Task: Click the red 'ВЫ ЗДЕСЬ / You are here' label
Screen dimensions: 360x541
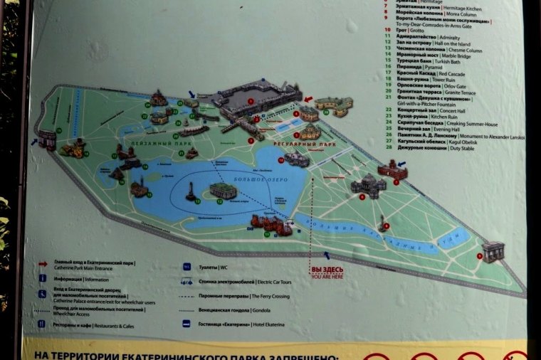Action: pyautogui.click(x=327, y=272)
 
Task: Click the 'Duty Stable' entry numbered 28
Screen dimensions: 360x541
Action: pyautogui.click(x=449, y=148)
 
